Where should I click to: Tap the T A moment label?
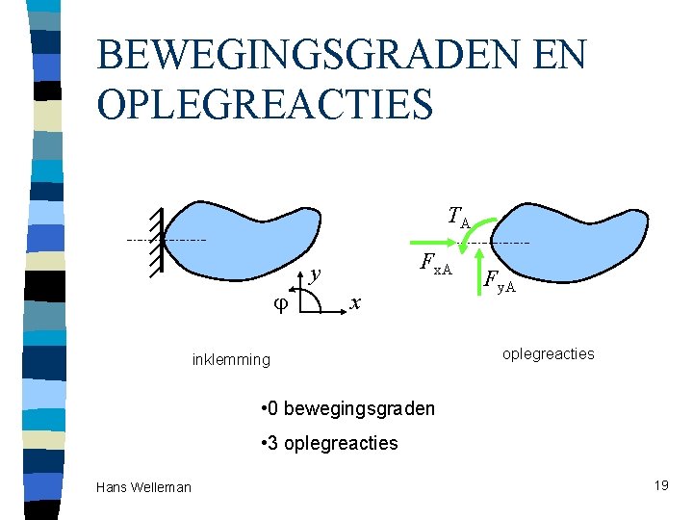(457, 219)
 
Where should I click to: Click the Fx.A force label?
(436, 264)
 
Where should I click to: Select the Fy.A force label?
(499, 282)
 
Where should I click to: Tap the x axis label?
(355, 303)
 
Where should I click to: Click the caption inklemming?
(231, 360)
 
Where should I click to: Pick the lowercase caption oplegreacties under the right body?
(549, 353)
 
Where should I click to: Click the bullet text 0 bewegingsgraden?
(347, 408)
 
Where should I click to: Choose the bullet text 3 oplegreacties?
(328, 443)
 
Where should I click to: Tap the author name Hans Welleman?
(143, 487)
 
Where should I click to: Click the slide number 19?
(660, 485)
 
